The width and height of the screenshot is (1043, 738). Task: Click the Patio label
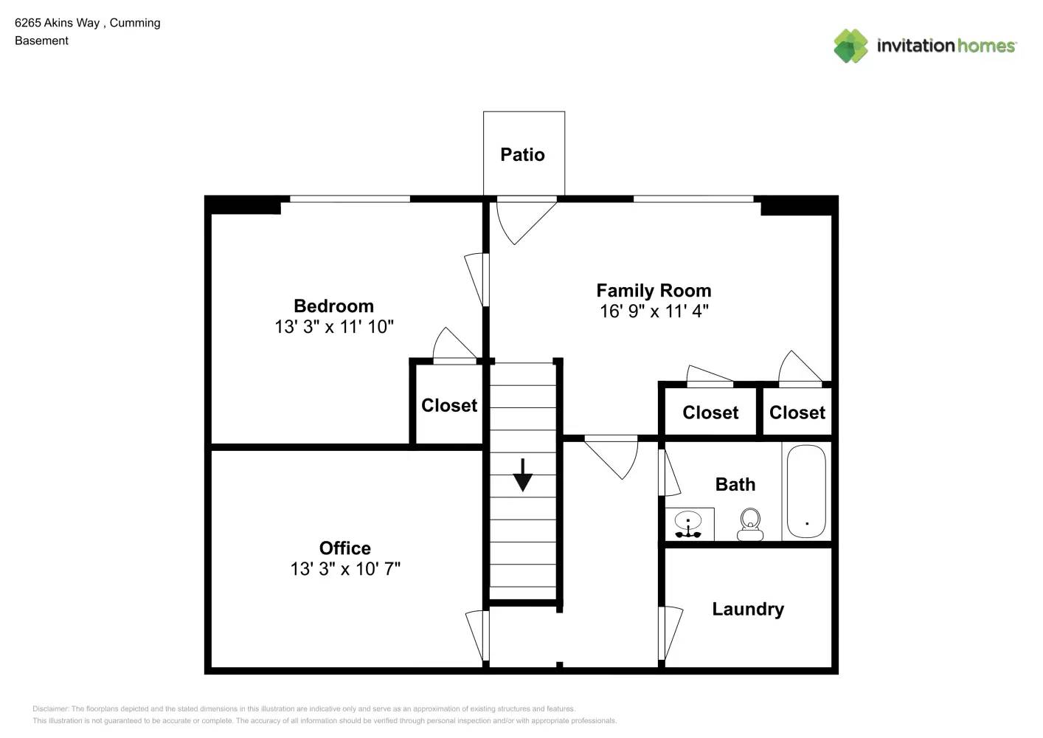tap(522, 155)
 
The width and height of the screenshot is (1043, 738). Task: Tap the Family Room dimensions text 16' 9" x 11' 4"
tap(654, 311)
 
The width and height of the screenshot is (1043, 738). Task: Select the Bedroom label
tap(334, 306)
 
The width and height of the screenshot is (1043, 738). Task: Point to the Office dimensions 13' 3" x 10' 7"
tap(345, 569)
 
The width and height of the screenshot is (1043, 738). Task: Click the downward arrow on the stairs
tap(522, 475)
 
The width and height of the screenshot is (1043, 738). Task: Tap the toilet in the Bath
tap(749, 524)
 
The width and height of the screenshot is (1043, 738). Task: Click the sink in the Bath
tap(687, 524)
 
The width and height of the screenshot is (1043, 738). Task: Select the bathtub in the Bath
tap(806, 491)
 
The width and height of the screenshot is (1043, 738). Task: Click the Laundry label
tap(748, 609)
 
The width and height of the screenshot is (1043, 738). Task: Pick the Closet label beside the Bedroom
tap(449, 405)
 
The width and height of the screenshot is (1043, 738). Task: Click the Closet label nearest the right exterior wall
tap(797, 413)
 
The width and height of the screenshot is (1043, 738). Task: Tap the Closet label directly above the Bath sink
tap(710, 413)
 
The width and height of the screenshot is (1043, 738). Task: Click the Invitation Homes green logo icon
tap(850, 46)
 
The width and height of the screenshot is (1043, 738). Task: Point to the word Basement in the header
tap(41, 41)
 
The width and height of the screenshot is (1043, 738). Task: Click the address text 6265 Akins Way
tap(58, 23)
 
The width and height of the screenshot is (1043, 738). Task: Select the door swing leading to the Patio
tap(527, 221)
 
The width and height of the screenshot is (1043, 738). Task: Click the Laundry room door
tap(670, 632)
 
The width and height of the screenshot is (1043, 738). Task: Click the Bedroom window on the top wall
tap(350, 199)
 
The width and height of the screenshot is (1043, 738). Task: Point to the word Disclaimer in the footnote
tap(50, 708)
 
